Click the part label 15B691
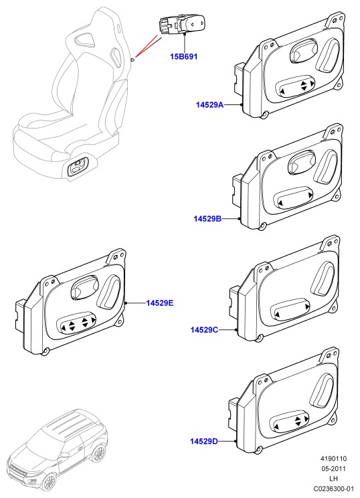point(183,56)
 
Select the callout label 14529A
point(209,104)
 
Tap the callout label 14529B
point(207,218)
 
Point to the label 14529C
point(204,330)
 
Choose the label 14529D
point(204,441)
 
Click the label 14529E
point(160,303)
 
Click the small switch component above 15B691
point(181,24)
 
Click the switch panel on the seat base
point(78,167)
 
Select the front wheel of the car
point(49,482)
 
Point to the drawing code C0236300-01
point(333,489)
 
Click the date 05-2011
point(333,469)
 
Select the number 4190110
point(333,459)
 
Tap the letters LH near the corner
point(333,479)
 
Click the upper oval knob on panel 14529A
point(304,51)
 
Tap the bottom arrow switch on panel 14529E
point(76,324)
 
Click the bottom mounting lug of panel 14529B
point(262,226)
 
